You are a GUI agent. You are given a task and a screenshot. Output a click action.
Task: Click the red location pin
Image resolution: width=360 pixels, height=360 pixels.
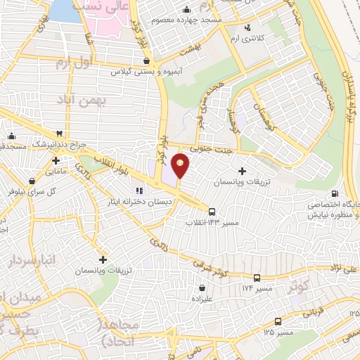pos(181,165)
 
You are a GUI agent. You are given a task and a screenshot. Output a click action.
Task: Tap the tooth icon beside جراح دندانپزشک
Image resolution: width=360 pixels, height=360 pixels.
pos(60,133)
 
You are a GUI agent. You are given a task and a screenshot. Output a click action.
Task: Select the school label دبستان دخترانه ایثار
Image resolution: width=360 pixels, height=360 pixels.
pos(136,202)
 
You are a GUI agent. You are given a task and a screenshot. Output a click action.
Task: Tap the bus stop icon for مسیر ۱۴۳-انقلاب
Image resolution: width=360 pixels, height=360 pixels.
pos(212,210)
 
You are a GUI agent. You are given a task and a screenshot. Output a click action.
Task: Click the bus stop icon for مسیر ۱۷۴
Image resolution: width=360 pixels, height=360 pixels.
pos(257,278)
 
